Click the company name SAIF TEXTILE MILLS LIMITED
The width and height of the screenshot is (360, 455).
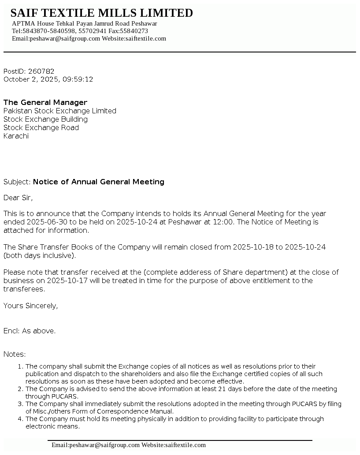101,13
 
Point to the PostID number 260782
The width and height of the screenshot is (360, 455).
41,71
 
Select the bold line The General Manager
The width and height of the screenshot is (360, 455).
45,103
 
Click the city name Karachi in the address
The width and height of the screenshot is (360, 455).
16,136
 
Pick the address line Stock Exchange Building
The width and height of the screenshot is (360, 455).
45,119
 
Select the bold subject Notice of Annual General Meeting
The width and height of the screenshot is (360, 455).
99,182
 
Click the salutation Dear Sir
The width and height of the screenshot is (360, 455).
18,198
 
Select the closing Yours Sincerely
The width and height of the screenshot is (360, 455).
30,306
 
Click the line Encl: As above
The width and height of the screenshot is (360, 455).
30,331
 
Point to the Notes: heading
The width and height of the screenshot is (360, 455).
15,354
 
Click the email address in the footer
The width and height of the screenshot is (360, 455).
96,445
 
